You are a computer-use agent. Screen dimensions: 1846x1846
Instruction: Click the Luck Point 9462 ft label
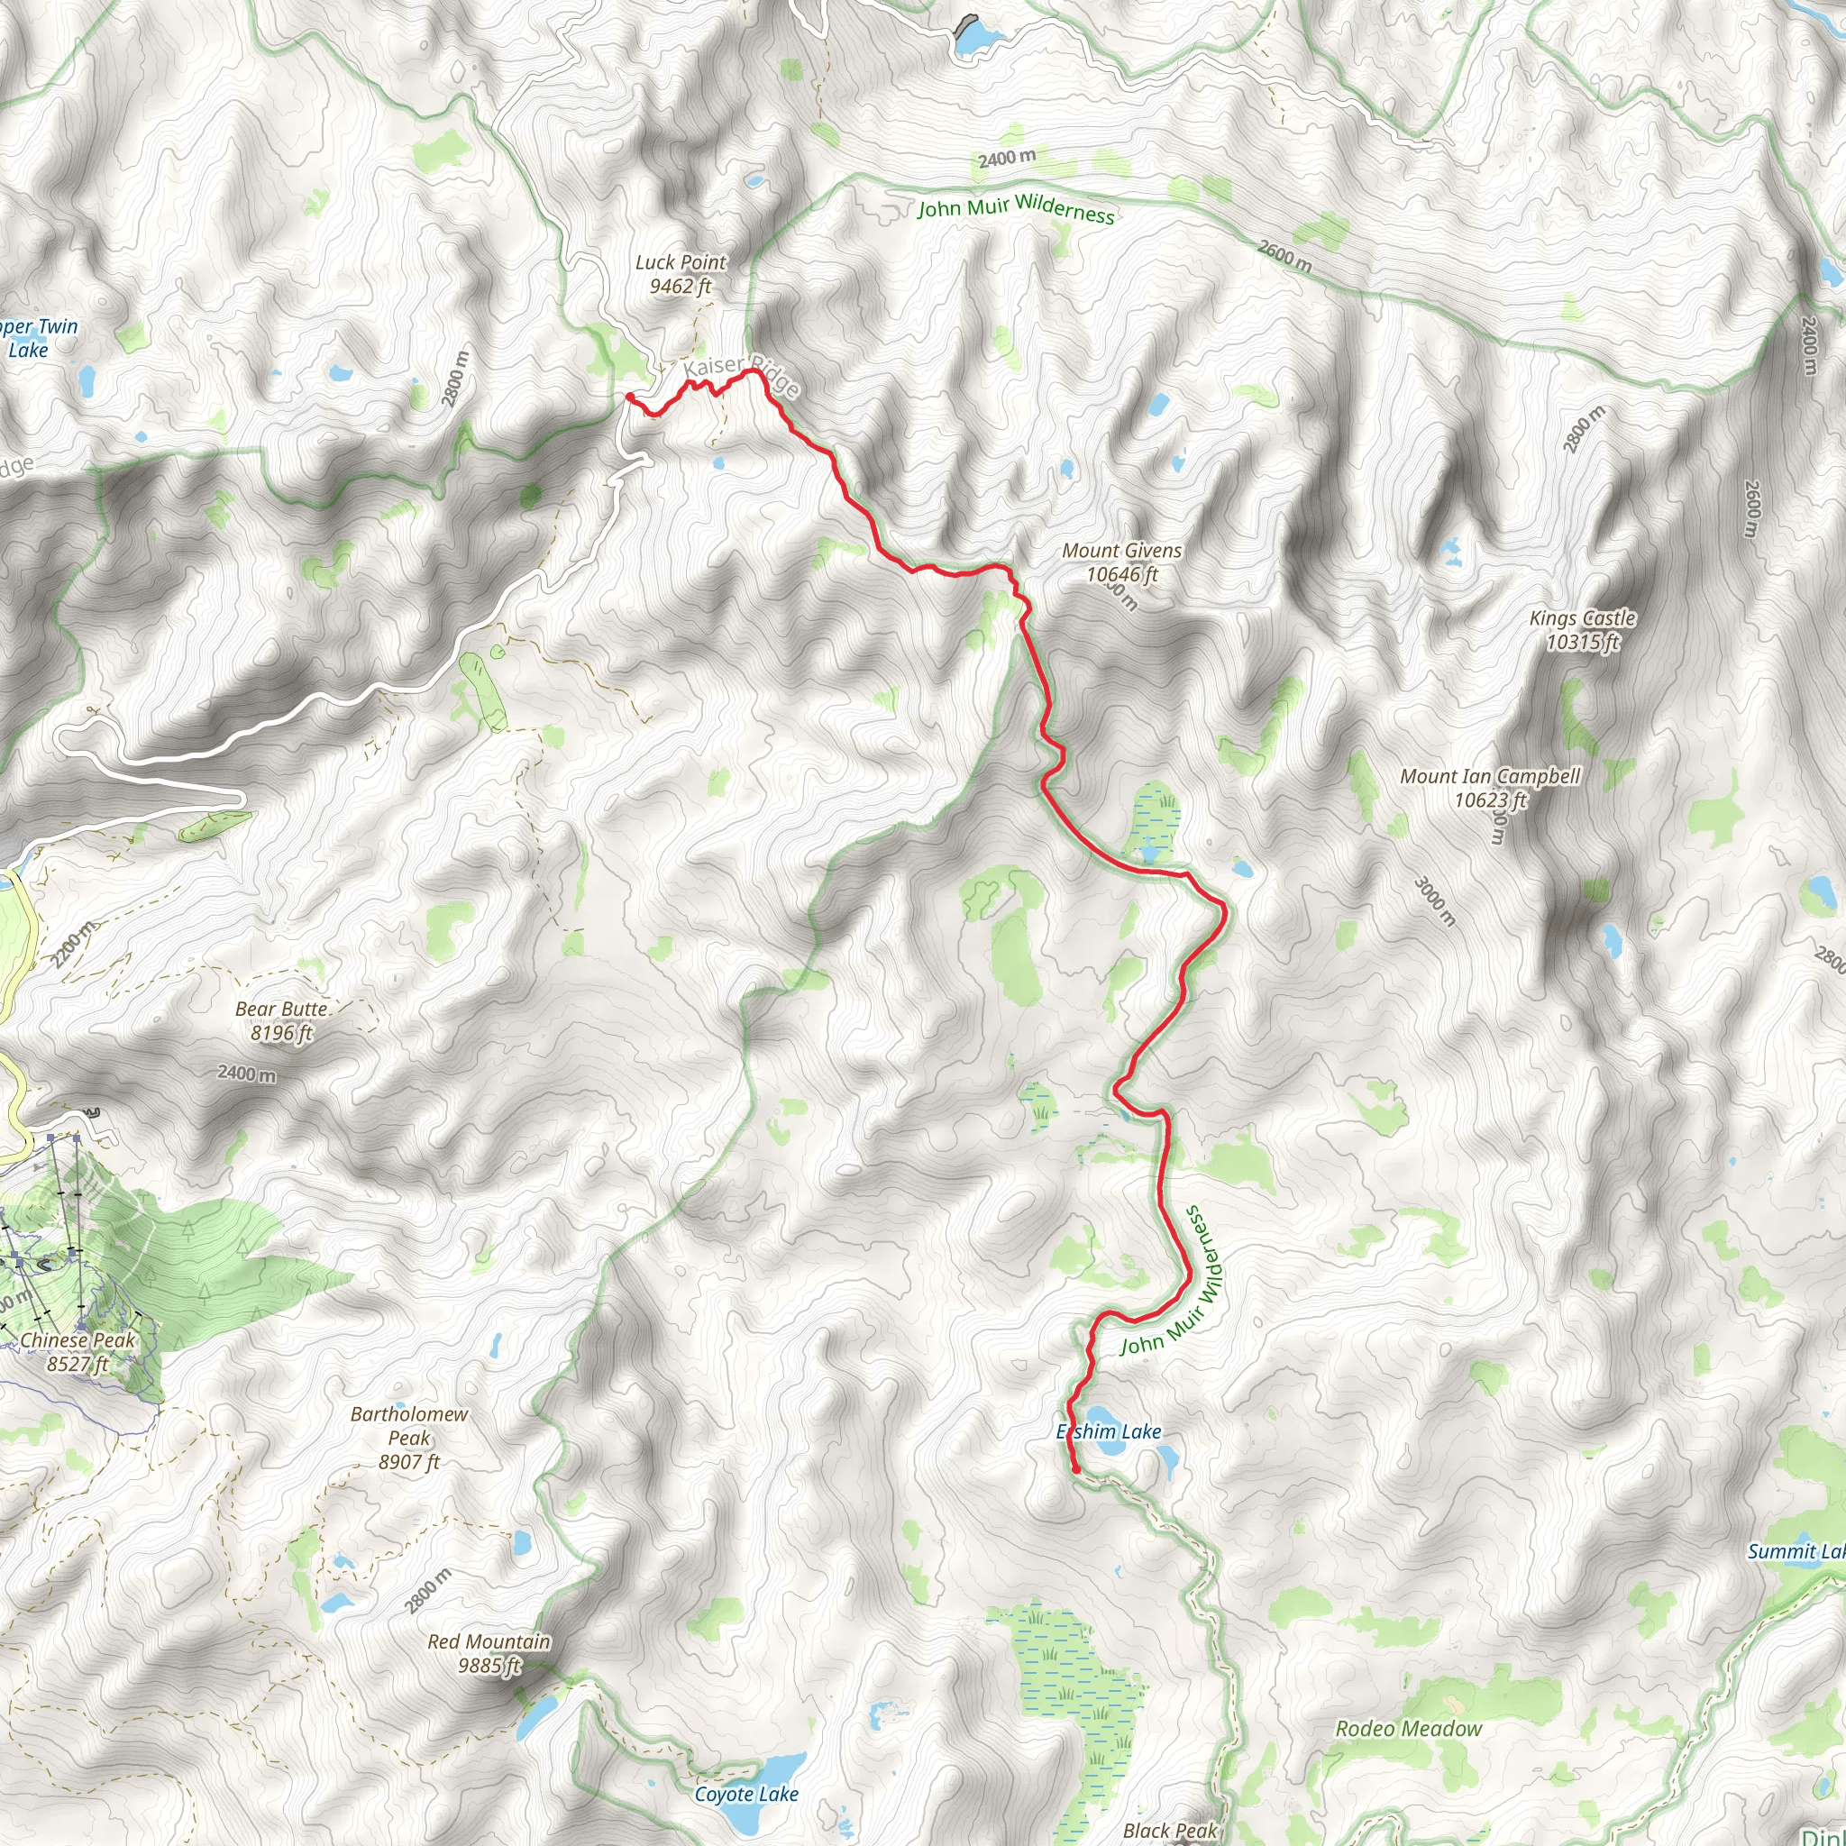(x=681, y=274)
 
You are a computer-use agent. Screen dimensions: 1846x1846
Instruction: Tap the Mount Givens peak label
(x=1121, y=562)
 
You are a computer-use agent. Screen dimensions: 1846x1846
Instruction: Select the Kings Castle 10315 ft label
(x=1582, y=630)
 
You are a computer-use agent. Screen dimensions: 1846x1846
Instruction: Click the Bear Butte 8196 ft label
(x=282, y=1020)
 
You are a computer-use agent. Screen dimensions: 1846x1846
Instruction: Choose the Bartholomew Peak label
(x=409, y=1437)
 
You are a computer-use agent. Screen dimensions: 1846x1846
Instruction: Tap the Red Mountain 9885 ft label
(x=489, y=1653)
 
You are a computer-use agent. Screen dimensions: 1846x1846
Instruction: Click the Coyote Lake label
(x=746, y=1794)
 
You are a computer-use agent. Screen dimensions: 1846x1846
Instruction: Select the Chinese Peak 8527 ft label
(x=78, y=1351)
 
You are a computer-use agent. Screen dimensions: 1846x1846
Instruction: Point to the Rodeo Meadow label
(x=1409, y=1728)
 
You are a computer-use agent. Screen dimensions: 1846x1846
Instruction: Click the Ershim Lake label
(x=1109, y=1431)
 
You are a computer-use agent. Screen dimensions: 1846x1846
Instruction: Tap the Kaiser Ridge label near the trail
(x=741, y=373)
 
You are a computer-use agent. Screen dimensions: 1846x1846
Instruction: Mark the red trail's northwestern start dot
(x=630, y=397)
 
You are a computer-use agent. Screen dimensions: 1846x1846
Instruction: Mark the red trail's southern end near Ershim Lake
(x=1076, y=1470)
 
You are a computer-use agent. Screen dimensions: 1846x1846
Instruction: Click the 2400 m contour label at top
(x=1006, y=158)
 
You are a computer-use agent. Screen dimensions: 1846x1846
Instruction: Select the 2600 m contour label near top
(x=1284, y=254)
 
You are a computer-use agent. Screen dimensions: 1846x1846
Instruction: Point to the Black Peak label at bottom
(x=1169, y=1830)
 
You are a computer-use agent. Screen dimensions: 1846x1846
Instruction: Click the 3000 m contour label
(x=1434, y=901)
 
